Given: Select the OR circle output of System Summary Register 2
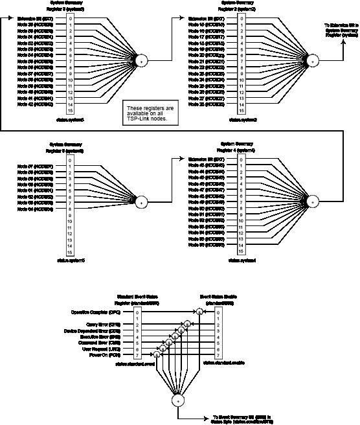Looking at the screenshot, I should pos(312,60).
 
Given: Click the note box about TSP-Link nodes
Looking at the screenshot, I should pos(148,113).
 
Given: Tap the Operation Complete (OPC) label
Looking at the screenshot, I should pos(97,312).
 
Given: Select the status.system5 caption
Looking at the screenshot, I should pos(70,260).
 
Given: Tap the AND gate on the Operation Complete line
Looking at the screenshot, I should pos(200,312).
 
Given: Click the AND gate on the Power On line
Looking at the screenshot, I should pos(156,355).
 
